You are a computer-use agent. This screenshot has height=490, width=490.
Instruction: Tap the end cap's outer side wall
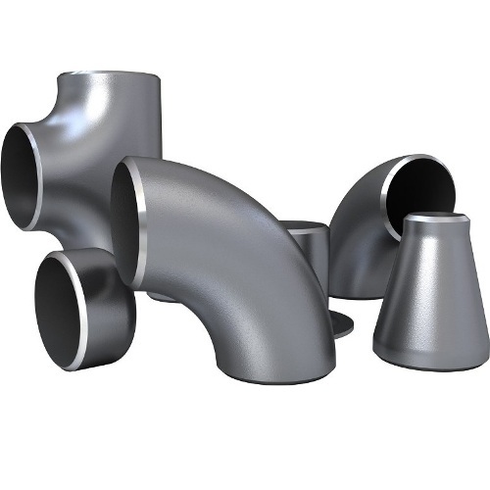(x=116, y=294)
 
